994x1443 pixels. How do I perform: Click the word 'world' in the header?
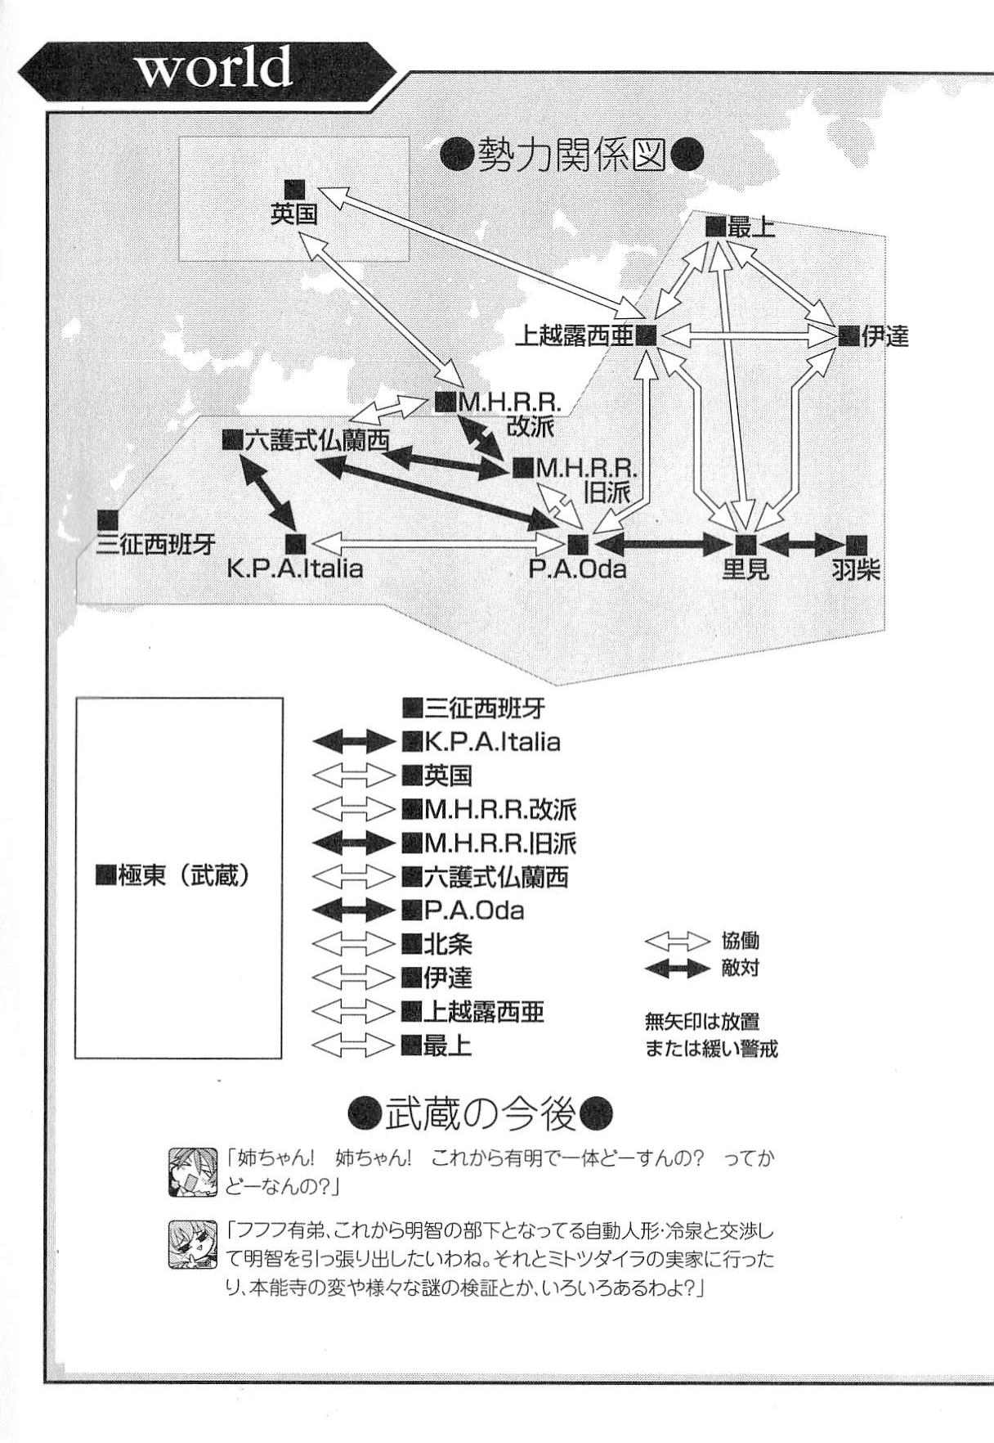(x=213, y=67)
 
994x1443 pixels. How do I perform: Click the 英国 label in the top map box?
(x=293, y=214)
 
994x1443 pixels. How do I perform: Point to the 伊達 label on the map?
(x=884, y=336)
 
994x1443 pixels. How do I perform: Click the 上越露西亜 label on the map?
(x=575, y=336)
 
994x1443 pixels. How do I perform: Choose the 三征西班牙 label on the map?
(x=155, y=545)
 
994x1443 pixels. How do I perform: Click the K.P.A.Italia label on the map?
(x=295, y=568)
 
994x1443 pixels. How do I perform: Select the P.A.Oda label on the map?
(x=577, y=568)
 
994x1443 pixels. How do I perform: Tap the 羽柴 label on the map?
(x=856, y=569)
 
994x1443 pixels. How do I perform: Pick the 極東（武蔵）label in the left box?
(x=173, y=875)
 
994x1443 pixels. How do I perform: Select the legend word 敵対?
(x=741, y=969)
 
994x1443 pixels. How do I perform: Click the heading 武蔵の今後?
(x=480, y=1113)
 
